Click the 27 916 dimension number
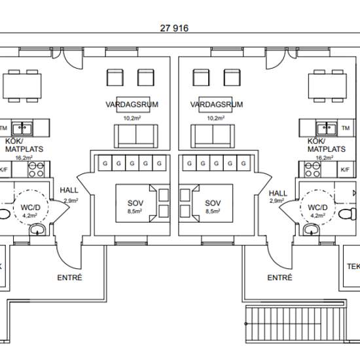[x=174, y=28]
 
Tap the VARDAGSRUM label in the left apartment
[x=132, y=105]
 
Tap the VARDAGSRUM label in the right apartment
[x=217, y=105]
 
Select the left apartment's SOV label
[x=135, y=203]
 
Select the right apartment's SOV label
[x=213, y=203]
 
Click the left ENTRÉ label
[x=69, y=278]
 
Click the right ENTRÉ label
[x=279, y=278]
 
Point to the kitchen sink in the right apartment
[x=327, y=128]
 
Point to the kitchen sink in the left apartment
[x=22, y=128]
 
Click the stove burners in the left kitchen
[x=36, y=170]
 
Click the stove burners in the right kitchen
[x=312, y=170]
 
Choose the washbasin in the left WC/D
[x=37, y=230]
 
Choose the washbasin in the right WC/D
[x=312, y=230]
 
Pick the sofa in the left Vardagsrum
[x=136, y=136]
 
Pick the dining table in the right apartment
[x=327, y=86]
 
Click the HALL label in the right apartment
[x=278, y=193]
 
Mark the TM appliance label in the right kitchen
[x=346, y=128]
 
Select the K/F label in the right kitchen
[x=345, y=170]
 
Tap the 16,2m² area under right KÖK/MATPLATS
[x=325, y=158]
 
